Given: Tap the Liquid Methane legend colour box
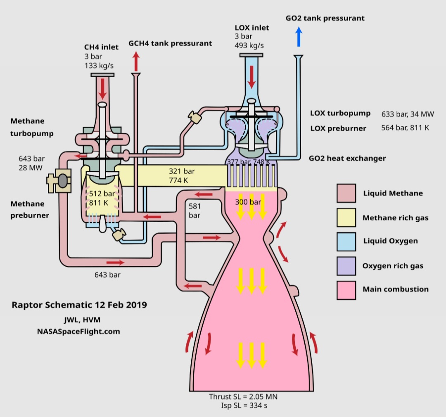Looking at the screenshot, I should coord(346,193).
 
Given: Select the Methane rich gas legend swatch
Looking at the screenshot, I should coord(346,218).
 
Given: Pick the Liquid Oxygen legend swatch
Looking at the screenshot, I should coord(346,241).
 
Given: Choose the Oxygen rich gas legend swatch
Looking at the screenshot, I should coord(346,266).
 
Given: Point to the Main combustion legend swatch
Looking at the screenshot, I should coord(346,289).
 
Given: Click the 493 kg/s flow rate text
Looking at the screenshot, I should coord(249,45).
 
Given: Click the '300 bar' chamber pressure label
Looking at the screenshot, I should coord(248,202).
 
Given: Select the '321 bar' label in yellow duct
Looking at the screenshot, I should coord(182,171).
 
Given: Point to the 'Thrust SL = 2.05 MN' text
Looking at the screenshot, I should coord(243,397).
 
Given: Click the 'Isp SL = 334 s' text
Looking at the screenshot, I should coord(243,405).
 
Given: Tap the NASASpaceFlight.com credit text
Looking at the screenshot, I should coord(78,331).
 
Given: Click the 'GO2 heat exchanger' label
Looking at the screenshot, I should coord(347,158).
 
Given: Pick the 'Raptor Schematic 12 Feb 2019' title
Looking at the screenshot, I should coord(79,305).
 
